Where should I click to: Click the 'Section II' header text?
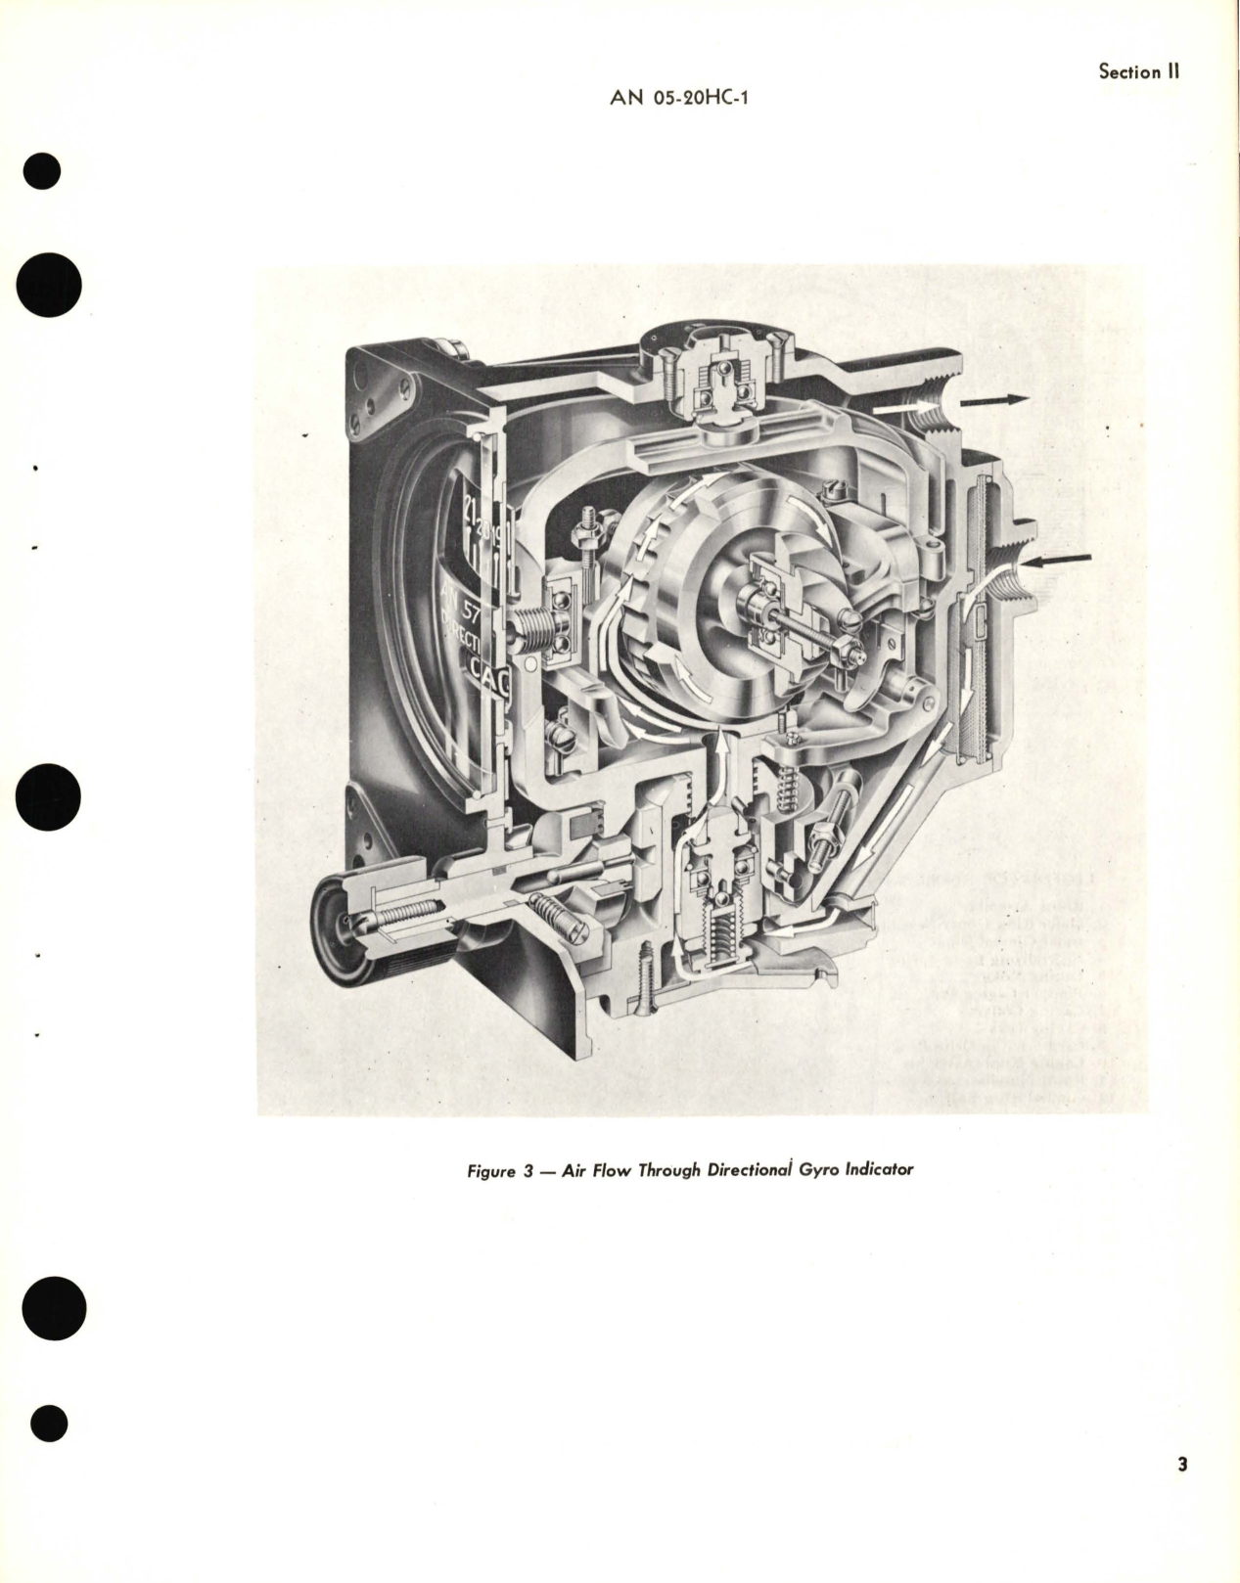click(x=1138, y=71)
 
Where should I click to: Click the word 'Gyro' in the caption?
click(x=830, y=1170)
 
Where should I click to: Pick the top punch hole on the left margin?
click(x=40, y=173)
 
